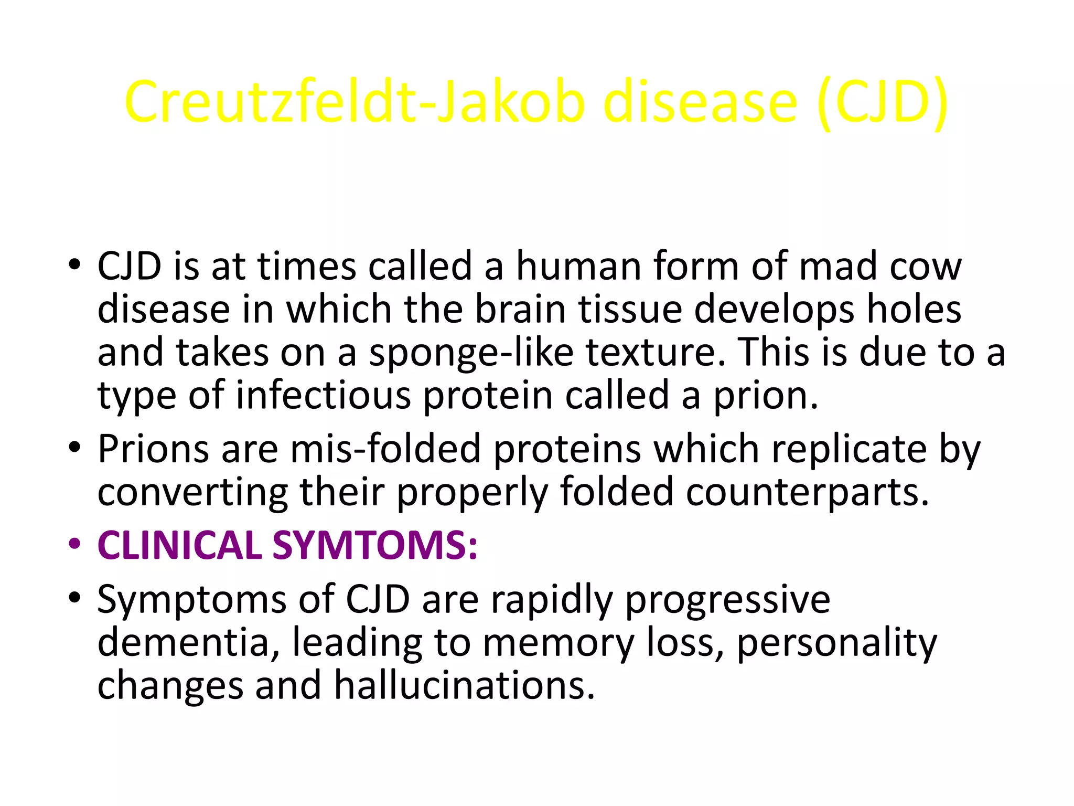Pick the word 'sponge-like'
coord(471,353)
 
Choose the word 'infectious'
coord(323,395)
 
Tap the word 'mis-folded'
coord(385,450)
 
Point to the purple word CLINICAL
coord(179,546)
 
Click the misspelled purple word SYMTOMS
coord(375,546)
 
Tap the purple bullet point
coord(74,544)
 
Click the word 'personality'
coord(836,644)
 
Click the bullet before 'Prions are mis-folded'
coord(74,448)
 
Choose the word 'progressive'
coord(727,600)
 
